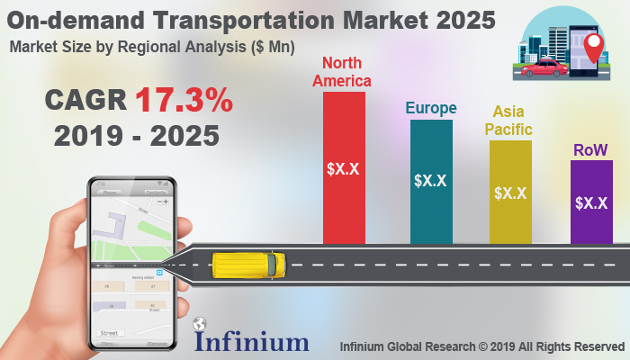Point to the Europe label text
[430, 108]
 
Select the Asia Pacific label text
[511, 120]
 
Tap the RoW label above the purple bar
[590, 150]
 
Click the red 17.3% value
[184, 101]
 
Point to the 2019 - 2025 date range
[136, 136]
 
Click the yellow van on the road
[248, 265]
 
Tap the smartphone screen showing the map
[131, 265]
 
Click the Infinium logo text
[251, 341]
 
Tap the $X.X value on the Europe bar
[431, 181]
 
